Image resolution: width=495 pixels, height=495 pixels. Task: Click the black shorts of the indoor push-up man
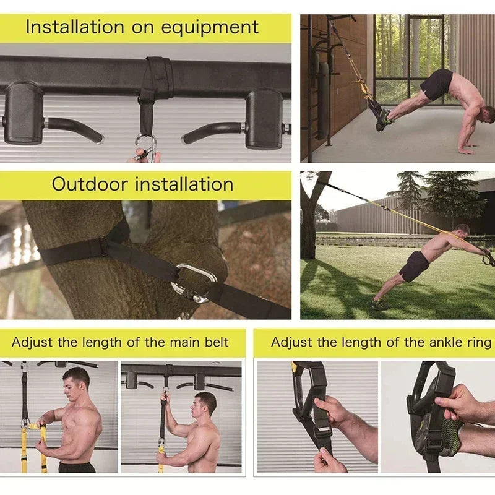click(437, 84)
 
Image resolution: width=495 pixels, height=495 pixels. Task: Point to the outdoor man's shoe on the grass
click(379, 304)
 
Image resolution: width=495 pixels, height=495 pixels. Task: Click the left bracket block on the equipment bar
click(24, 113)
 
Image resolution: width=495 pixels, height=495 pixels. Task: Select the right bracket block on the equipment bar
click(264, 118)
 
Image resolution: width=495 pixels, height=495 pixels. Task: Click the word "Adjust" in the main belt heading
click(30, 342)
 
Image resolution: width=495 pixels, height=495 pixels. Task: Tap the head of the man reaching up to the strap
click(205, 406)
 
